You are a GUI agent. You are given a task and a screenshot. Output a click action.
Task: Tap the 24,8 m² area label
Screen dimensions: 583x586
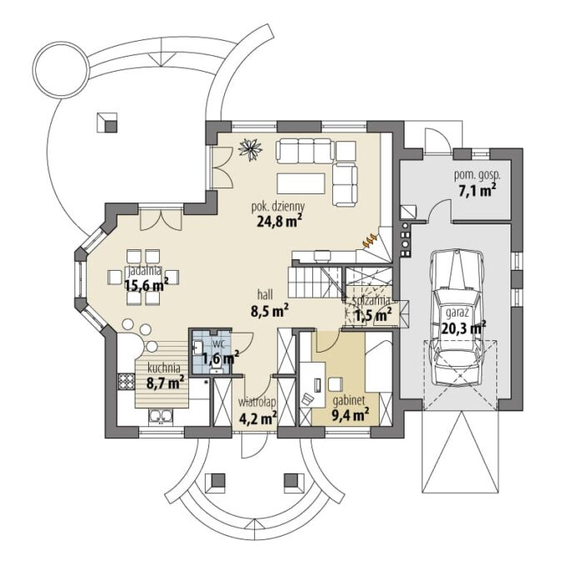279,221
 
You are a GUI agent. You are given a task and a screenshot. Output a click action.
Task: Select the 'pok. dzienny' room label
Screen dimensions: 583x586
278,206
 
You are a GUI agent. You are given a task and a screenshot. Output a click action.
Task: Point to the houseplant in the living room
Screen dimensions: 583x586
250,148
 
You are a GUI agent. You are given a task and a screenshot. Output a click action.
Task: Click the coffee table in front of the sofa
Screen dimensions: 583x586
301,183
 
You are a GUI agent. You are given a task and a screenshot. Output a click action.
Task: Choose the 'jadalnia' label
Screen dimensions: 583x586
144,270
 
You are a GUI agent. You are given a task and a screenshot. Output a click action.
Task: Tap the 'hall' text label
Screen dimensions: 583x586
265,294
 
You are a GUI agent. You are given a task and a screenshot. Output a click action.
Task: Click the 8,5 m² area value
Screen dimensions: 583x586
270,310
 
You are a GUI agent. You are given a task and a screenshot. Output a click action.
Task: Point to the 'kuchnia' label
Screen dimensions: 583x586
163,368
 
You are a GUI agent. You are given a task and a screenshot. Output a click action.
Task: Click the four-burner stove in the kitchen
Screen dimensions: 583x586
127,382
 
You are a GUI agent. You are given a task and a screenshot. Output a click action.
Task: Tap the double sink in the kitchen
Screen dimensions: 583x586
161,417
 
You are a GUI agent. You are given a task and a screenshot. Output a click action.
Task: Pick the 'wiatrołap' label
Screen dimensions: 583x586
257,403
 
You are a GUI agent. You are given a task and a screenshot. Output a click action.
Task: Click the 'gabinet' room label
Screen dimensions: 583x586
348,401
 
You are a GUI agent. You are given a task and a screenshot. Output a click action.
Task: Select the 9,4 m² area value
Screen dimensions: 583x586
351,415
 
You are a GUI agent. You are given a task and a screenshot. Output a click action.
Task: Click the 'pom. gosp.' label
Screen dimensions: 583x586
477,175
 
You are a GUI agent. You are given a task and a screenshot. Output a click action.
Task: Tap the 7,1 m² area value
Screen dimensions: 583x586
477,190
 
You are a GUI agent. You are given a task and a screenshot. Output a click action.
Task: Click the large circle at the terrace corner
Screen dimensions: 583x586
62,69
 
